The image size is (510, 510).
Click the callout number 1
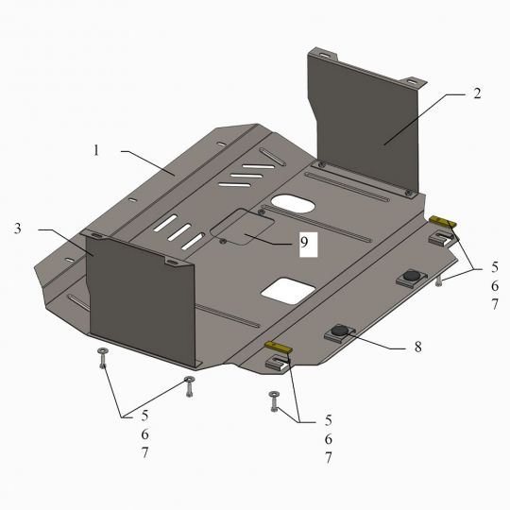point(96,150)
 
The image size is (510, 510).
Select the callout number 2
point(477,93)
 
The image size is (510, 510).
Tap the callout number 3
point(18,229)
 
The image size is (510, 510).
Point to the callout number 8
point(418,347)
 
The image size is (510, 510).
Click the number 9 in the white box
point(304,242)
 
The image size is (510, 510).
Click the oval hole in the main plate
point(293,204)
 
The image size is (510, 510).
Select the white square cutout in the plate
point(288,291)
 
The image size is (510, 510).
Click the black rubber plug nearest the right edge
point(412,276)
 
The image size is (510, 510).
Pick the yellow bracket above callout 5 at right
point(443,222)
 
